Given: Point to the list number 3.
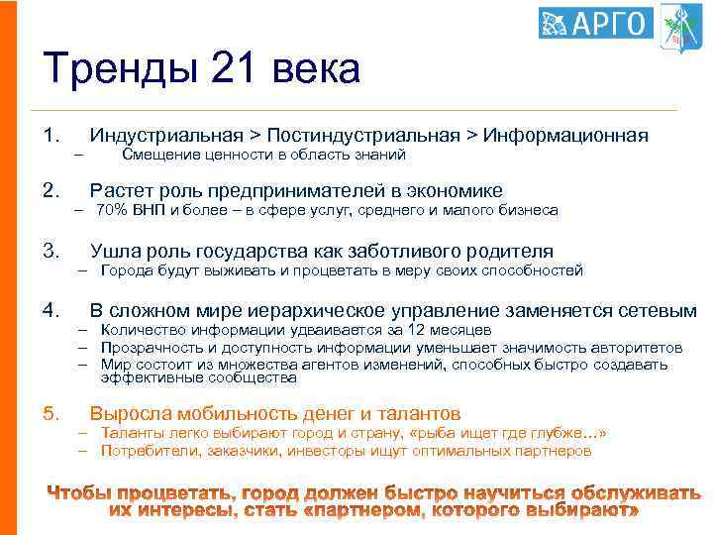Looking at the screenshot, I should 51,251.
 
